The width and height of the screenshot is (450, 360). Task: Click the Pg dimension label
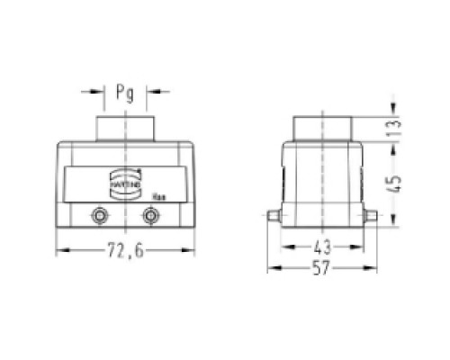[124, 93]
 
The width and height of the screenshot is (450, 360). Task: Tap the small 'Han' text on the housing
[157, 195]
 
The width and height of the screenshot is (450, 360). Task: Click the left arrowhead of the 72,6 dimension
[61, 251]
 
